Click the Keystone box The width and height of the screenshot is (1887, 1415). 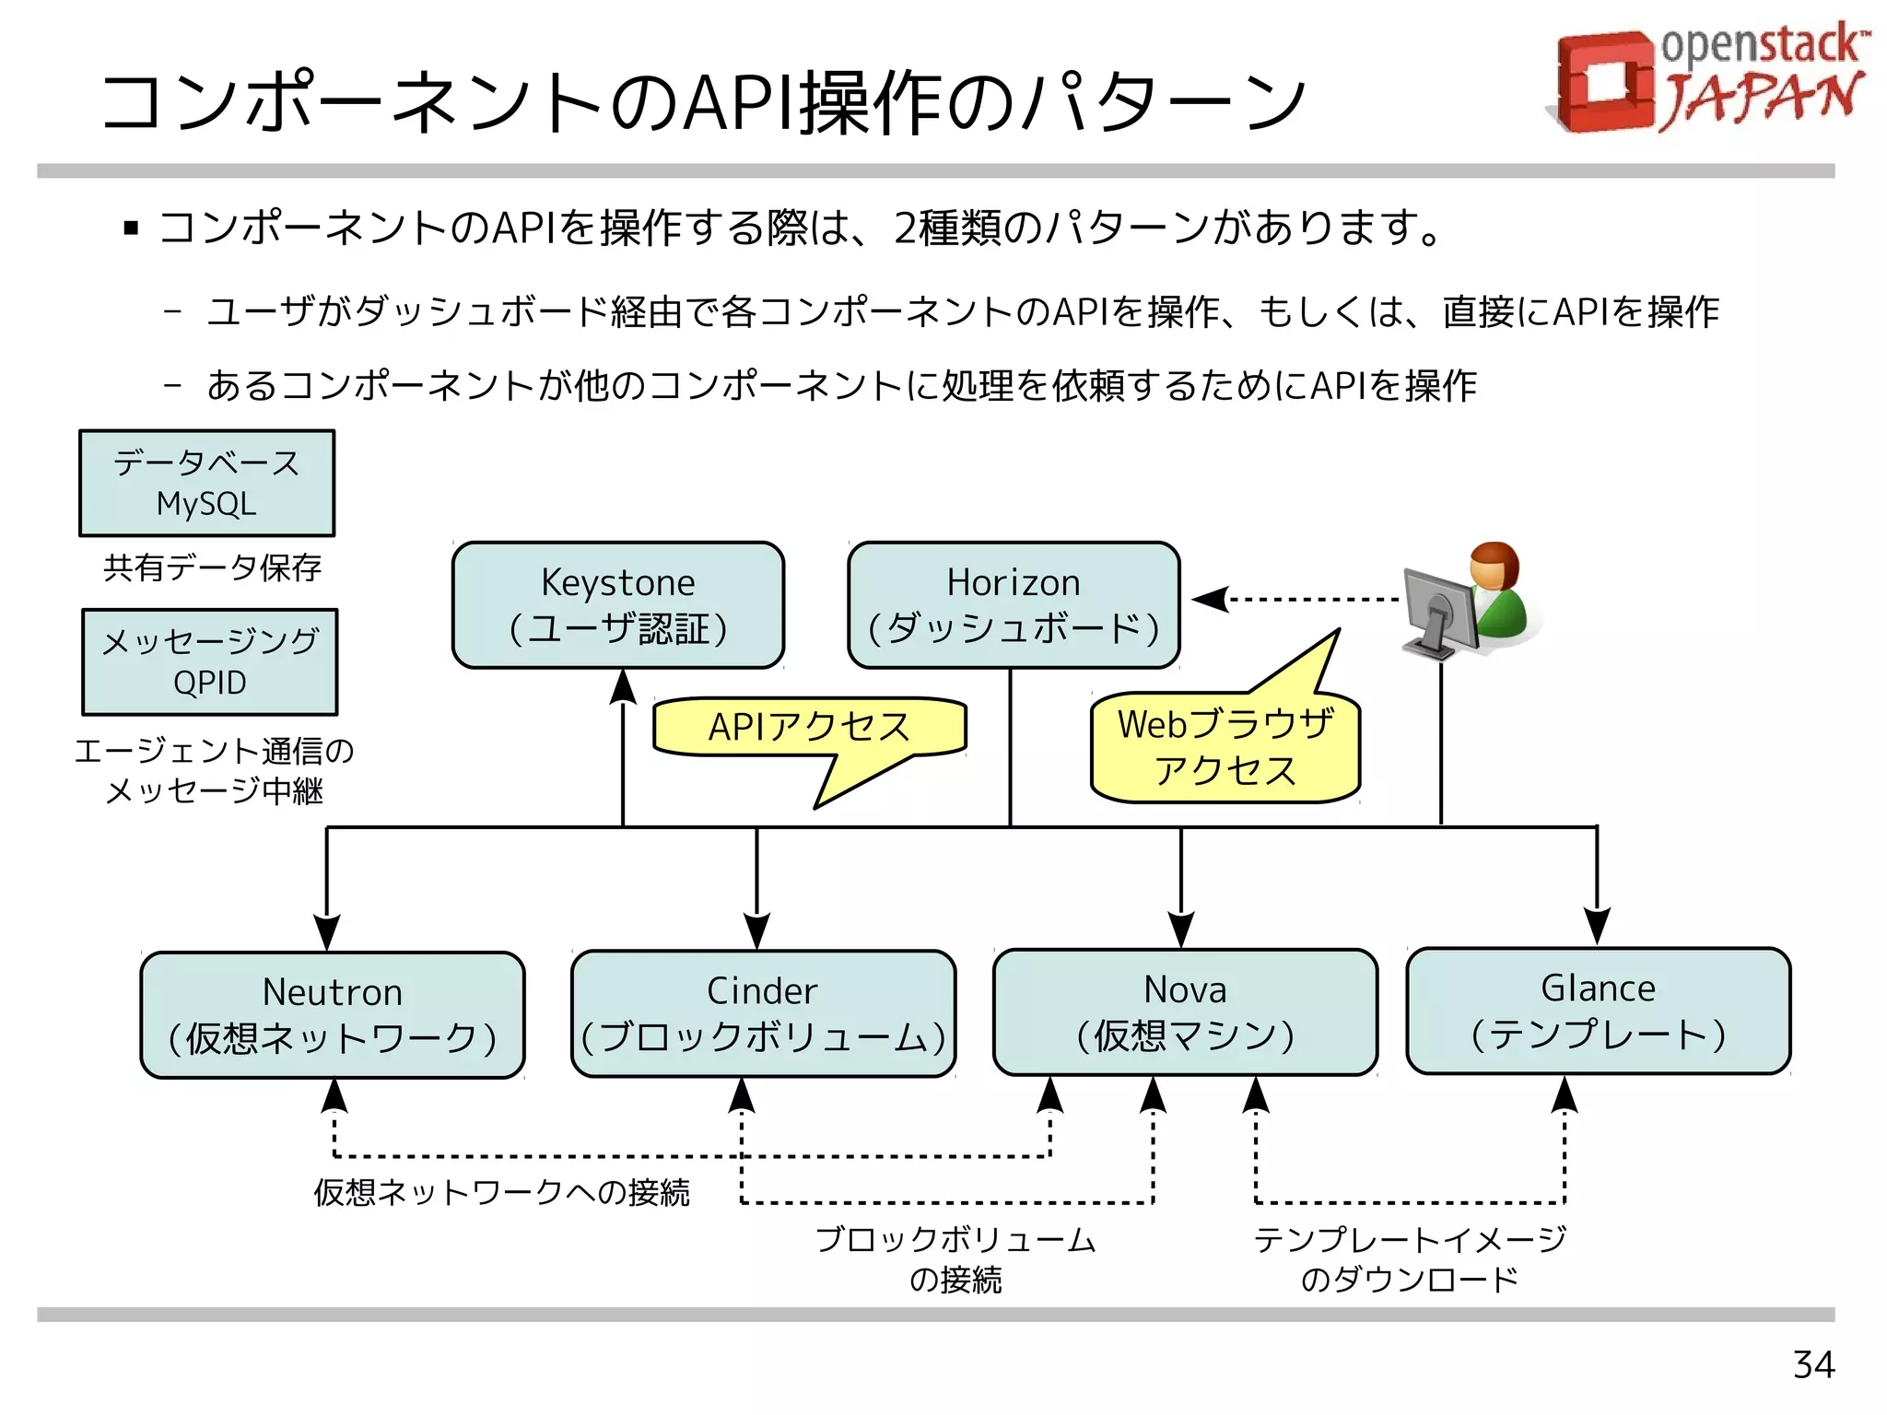pyautogui.click(x=618, y=605)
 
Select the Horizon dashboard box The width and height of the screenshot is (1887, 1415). pyautogui.click(x=1014, y=605)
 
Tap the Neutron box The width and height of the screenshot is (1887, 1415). pyautogui.click(x=333, y=1015)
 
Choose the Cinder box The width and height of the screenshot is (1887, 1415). pyautogui.click(x=763, y=1013)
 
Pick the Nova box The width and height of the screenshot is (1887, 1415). pyautogui.click(x=1185, y=1012)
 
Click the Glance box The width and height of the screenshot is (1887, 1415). pyautogui.click(x=1598, y=1011)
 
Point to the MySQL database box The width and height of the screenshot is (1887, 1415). pyautogui.click(x=207, y=484)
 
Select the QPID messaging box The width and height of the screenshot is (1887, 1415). pyautogui.click(x=210, y=661)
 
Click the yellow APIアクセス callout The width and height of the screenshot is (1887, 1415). pyautogui.click(x=809, y=728)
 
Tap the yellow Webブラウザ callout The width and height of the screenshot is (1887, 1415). pyautogui.click(x=1225, y=747)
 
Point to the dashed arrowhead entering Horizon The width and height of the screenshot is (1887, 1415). pyautogui.click(x=1210, y=600)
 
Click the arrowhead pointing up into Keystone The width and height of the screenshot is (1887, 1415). pyautogui.click(x=624, y=687)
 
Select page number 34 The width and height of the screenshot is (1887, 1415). pyautogui.click(x=1813, y=1364)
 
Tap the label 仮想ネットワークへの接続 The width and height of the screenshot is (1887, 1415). pyautogui.click(x=501, y=1192)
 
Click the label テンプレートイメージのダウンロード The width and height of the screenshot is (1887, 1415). pyautogui.click(x=1409, y=1258)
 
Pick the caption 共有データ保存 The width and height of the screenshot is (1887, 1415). pyautogui.click(x=212, y=567)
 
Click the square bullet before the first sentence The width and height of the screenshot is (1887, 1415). pyautogui.click(x=131, y=228)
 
